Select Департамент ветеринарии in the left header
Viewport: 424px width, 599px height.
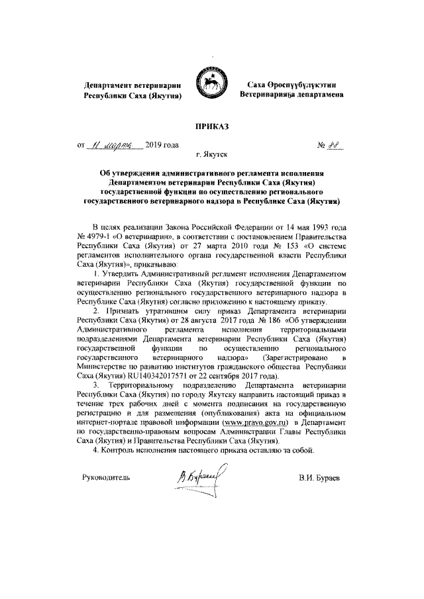[x=129, y=85]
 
